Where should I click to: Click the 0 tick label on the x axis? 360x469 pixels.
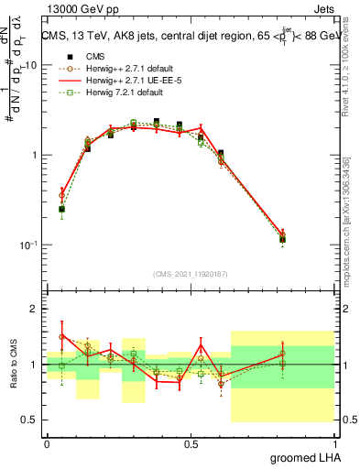click(47, 444)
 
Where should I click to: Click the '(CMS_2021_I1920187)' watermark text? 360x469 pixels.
click(191, 274)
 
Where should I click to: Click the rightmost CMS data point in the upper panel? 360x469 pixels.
click(308, 239)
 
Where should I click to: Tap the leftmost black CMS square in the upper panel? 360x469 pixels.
click(61, 209)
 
